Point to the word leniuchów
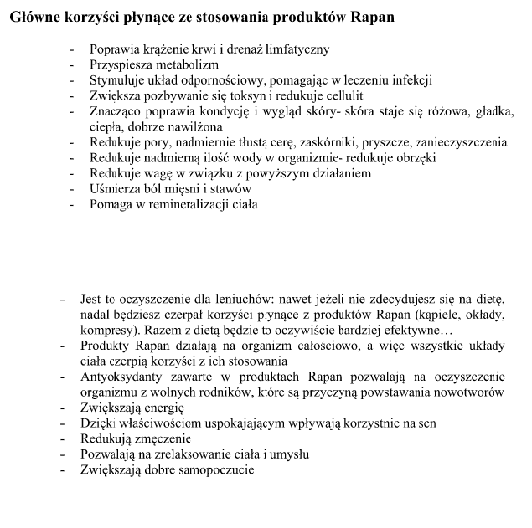pyautogui.click(x=243, y=299)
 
